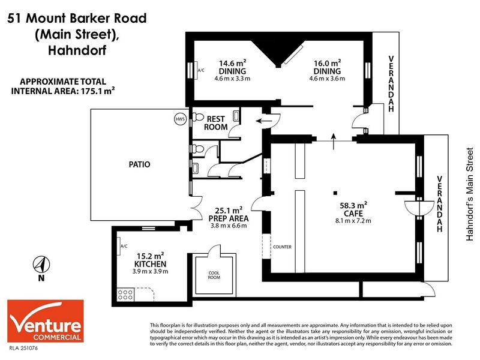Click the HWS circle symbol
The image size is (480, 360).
[180, 119]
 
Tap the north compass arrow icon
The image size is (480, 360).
[41, 265]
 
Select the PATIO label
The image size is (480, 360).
[139, 164]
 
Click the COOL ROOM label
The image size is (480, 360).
[214, 275]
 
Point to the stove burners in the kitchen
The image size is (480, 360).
[125, 295]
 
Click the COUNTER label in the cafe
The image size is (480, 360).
[282, 247]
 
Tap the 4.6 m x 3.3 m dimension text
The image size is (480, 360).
[232, 79]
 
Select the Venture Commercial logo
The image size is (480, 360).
[46, 321]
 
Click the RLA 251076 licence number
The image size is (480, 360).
[23, 348]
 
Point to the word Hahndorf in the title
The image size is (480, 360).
[77, 50]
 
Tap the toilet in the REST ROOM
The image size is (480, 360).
[198, 117]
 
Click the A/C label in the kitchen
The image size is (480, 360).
[124, 246]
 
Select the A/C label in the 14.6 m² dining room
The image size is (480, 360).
[201, 70]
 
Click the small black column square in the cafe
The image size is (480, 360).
[335, 193]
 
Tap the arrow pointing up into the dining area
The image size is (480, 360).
[334, 142]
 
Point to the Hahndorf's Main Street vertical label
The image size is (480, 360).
[470, 194]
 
